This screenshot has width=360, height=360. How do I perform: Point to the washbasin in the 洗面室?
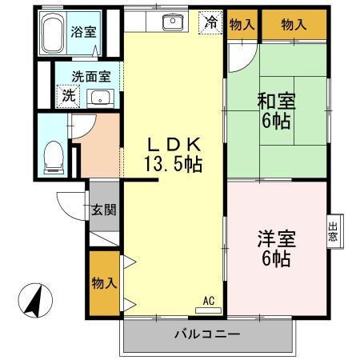(x=101, y=98)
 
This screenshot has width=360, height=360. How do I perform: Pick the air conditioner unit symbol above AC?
(x=208, y=310)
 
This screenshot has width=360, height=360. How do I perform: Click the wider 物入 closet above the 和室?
(x=294, y=25)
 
